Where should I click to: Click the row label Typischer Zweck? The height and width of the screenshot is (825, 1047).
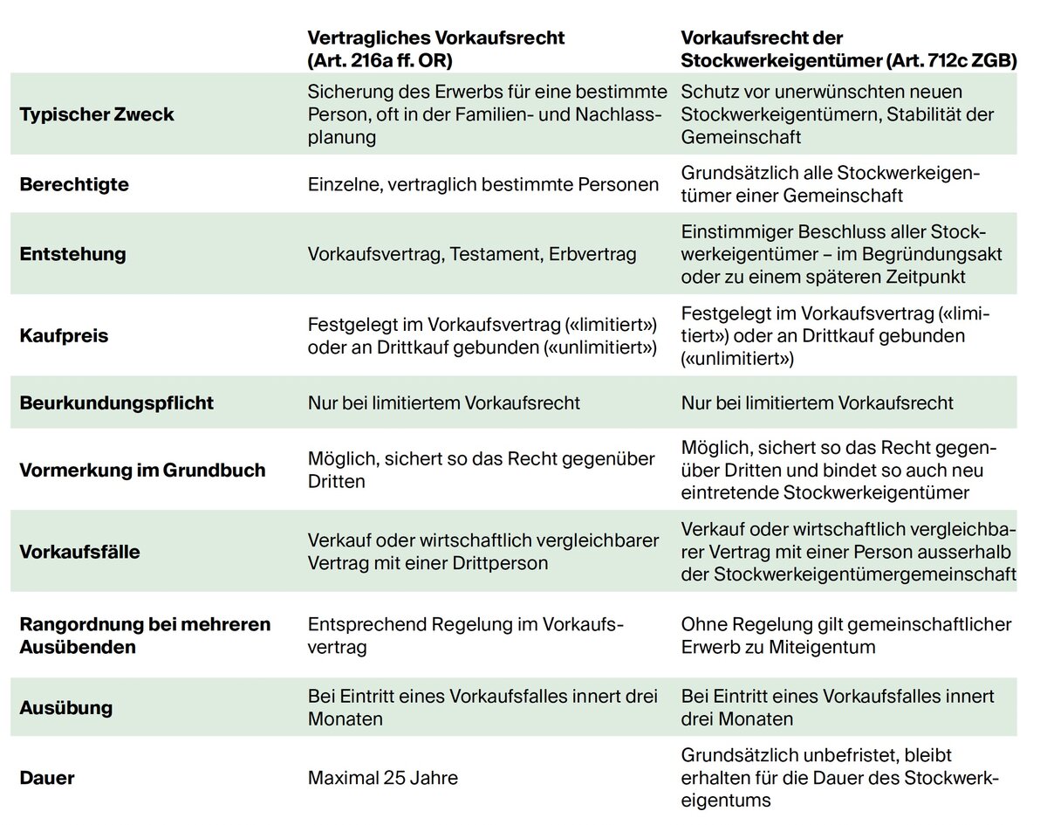(x=96, y=114)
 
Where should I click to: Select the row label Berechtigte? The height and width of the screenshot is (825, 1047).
(x=74, y=185)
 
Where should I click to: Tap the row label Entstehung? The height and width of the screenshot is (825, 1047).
(x=72, y=254)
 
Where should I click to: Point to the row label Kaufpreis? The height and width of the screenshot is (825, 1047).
(x=64, y=335)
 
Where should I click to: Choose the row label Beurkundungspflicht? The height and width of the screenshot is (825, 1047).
(x=116, y=403)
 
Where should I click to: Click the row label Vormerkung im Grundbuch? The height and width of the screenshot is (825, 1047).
(x=142, y=470)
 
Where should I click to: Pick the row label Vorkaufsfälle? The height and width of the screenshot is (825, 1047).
(x=79, y=552)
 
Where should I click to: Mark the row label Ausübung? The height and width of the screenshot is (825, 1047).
(x=66, y=707)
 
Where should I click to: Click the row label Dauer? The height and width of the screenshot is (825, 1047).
(x=47, y=778)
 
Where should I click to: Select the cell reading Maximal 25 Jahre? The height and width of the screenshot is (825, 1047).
(x=383, y=778)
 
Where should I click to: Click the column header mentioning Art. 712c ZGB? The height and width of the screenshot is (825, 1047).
(x=848, y=49)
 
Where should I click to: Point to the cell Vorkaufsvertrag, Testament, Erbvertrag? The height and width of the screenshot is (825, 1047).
(x=472, y=254)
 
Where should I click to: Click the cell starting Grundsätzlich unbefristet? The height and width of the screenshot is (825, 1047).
(x=839, y=778)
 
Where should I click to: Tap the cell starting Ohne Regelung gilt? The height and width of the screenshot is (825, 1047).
(x=845, y=636)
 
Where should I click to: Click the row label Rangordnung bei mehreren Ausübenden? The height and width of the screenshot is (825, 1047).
(x=145, y=636)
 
